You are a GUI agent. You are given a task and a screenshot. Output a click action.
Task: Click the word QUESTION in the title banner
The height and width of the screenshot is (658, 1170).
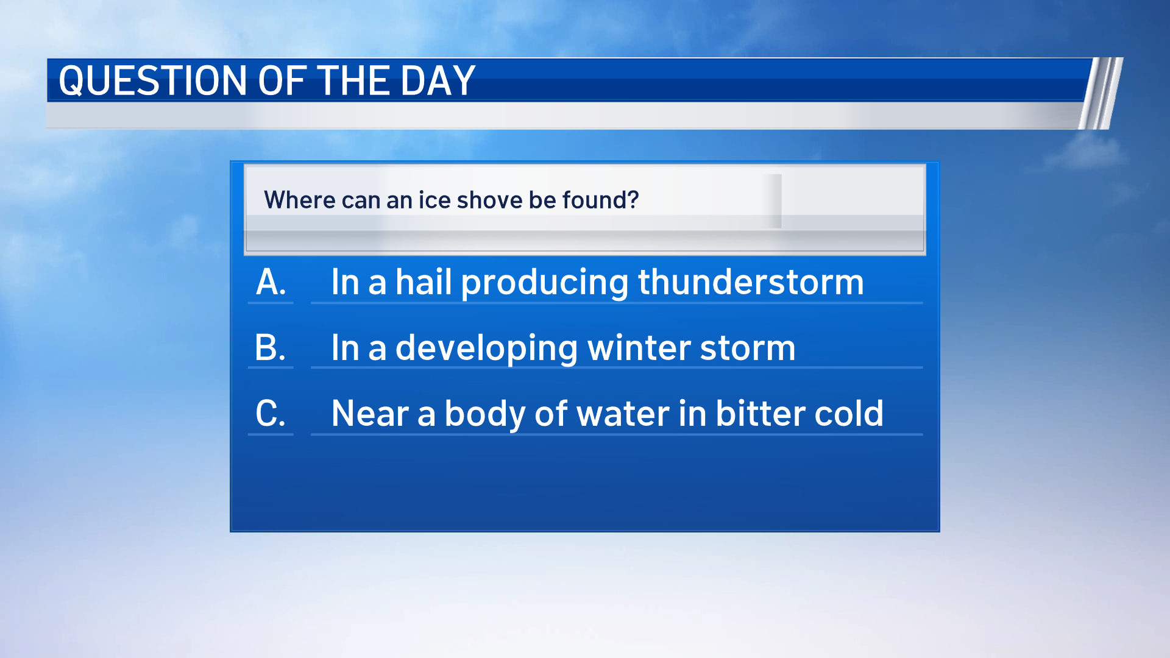point(152,80)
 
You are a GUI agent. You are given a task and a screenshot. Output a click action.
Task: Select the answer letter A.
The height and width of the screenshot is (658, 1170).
point(271,282)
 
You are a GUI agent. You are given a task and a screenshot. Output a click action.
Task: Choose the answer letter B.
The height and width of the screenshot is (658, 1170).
point(270,348)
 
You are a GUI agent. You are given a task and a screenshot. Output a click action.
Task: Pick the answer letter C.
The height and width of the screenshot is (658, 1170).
point(270,414)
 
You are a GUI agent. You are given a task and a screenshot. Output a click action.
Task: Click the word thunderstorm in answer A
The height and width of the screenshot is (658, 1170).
point(751,282)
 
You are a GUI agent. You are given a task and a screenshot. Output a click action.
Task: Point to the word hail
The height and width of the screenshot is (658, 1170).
point(424,282)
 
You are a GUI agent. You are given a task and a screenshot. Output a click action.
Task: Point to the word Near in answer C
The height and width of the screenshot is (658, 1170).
point(370,414)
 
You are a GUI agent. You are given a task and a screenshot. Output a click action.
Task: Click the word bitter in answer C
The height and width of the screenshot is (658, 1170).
point(760,414)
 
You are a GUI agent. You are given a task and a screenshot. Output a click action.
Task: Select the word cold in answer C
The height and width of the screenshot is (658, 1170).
point(848,414)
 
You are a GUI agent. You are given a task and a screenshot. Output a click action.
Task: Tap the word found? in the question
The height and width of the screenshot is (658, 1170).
point(600,200)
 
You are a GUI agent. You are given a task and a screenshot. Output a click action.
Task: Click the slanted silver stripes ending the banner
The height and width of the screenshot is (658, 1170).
point(1101,93)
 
